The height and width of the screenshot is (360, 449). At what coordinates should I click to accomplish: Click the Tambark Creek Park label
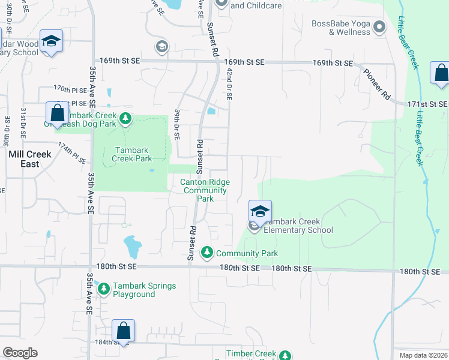(x=132, y=155)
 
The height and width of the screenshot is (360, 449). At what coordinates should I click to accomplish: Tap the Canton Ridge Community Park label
(x=206, y=190)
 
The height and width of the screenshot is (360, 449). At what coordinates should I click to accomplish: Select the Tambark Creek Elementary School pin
(x=260, y=212)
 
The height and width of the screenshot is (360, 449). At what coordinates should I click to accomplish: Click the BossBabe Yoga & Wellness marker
(x=379, y=27)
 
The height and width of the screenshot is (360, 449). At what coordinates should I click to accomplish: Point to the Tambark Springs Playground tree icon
(x=103, y=290)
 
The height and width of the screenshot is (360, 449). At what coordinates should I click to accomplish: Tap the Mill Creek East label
(x=29, y=159)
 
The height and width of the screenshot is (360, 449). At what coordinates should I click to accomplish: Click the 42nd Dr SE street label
(x=229, y=83)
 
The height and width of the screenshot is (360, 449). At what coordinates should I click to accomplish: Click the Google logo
(x=20, y=353)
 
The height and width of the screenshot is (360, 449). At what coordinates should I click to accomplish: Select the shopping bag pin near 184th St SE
(x=123, y=331)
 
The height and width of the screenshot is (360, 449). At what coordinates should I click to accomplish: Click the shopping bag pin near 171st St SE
(x=440, y=74)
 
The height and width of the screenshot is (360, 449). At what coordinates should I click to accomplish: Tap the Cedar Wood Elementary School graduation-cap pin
(x=51, y=41)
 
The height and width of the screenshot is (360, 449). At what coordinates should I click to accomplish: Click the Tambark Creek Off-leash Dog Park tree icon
(x=125, y=118)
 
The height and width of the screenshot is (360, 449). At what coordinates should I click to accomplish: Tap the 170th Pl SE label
(x=66, y=88)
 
